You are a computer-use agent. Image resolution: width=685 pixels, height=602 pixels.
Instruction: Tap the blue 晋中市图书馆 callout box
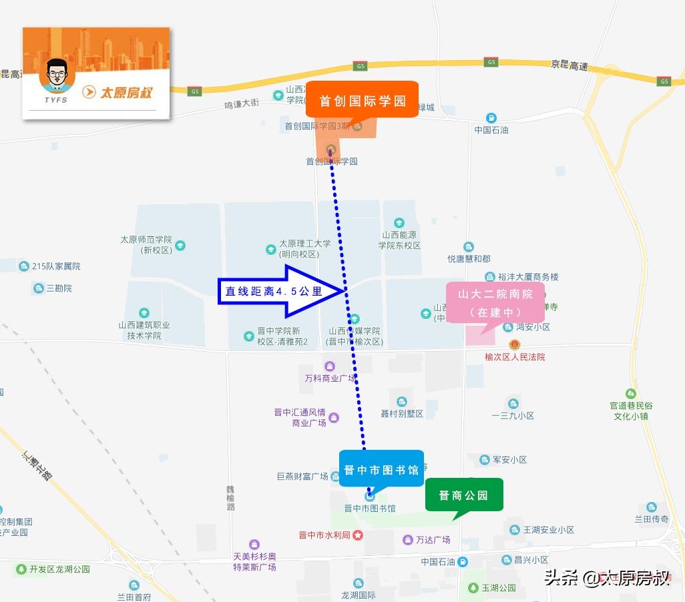click(381, 469)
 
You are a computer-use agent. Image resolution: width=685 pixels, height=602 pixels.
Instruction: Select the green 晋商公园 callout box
click(463, 495)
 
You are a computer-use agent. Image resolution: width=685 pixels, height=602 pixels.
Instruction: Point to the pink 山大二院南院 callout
click(495, 302)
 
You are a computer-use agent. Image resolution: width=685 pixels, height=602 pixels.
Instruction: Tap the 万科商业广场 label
click(330, 378)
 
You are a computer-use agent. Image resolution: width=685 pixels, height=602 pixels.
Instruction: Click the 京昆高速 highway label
click(569, 65)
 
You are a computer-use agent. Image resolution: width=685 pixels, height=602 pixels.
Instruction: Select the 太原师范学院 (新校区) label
click(146, 245)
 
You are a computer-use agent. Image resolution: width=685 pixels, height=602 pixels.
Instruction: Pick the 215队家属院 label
click(56, 266)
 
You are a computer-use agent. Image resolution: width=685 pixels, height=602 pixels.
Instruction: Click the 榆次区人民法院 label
click(515, 357)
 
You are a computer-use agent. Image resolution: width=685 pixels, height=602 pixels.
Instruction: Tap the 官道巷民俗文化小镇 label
click(631, 410)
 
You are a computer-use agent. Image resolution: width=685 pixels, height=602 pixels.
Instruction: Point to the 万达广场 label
click(433, 539)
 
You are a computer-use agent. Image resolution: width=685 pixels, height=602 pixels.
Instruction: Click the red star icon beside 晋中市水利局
click(358, 535)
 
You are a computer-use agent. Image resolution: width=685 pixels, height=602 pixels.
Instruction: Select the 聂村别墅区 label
click(402, 414)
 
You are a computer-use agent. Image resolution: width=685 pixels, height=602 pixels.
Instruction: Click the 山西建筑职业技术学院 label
click(144, 330)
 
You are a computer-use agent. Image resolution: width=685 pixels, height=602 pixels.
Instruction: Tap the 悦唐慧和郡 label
click(469, 258)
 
